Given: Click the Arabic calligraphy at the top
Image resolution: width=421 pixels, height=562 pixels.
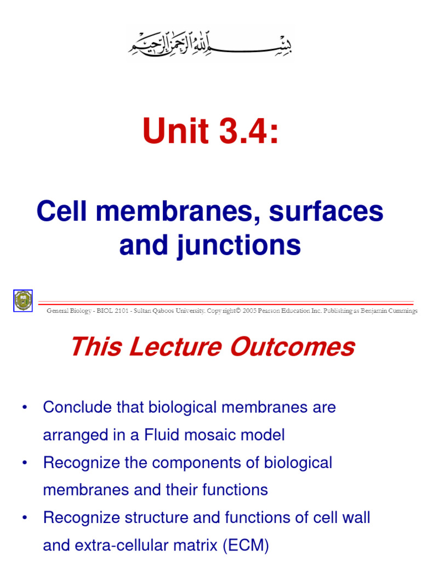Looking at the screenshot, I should [211, 43].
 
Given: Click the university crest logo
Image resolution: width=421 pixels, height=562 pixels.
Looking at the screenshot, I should [23, 300].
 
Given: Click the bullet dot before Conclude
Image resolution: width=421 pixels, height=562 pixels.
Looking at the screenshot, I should [24, 408].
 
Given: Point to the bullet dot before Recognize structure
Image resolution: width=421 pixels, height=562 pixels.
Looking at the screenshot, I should [24, 518].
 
